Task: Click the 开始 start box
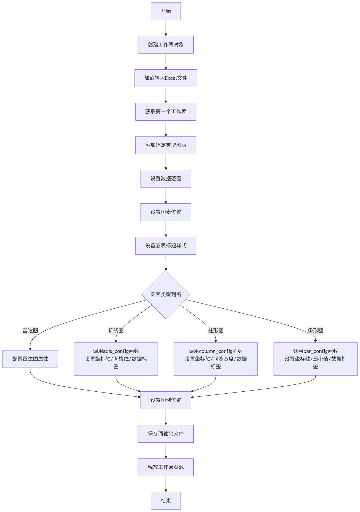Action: pyautogui.click(x=166, y=11)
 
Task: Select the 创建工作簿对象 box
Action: pyautogui.click(x=166, y=45)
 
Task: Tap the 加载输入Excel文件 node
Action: pyautogui.click(x=166, y=78)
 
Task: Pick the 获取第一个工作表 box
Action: pyautogui.click(x=166, y=112)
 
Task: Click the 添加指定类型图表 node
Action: pyautogui.click(x=166, y=145)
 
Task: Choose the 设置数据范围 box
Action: pyautogui.click(x=166, y=179)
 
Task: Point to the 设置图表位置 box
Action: pyautogui.click(x=166, y=212)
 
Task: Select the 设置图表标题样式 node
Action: pyautogui.click(x=166, y=246)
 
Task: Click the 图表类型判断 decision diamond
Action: pyautogui.click(x=166, y=295)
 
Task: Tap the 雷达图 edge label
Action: pyautogui.click(x=30, y=331)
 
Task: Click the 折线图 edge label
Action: pyautogui.click(x=116, y=331)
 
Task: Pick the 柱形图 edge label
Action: pyautogui.click(x=216, y=331)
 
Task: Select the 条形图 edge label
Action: pyautogui.click(x=315, y=331)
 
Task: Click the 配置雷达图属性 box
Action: pyautogui.click(x=30, y=359)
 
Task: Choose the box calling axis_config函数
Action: pyautogui.click(x=116, y=359)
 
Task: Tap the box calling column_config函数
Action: pyautogui.click(x=216, y=359)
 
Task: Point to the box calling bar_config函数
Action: pyautogui.click(x=315, y=359)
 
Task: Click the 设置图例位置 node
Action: pyautogui.click(x=166, y=400)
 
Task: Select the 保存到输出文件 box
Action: pyautogui.click(x=166, y=434)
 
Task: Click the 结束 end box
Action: pyautogui.click(x=166, y=501)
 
